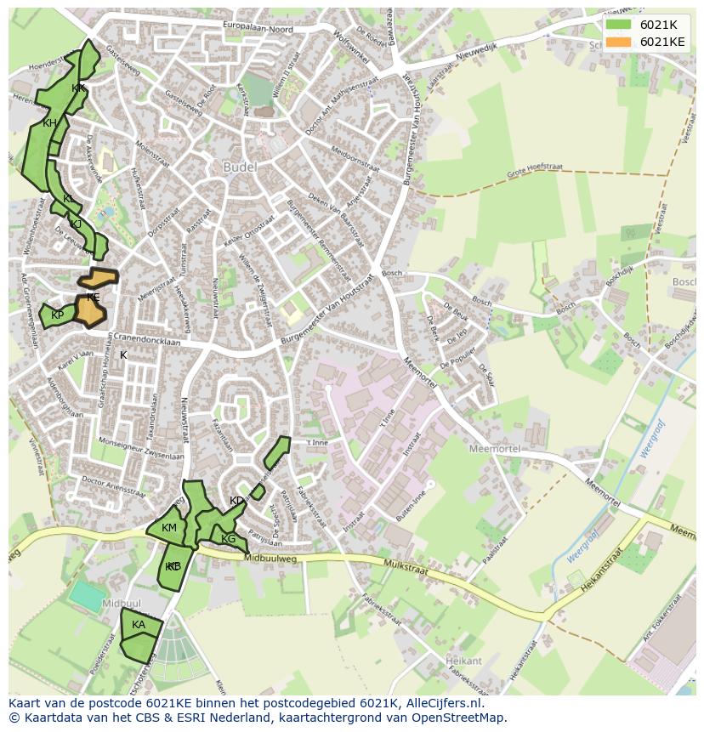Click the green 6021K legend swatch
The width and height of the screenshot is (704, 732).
pyautogui.click(x=618, y=25)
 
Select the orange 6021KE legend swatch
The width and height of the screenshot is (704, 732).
pyautogui.click(x=618, y=42)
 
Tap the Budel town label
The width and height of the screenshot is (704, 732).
pyautogui.click(x=239, y=167)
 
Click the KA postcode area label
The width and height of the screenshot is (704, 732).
pyautogui.click(x=139, y=625)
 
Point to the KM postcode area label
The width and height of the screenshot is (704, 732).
pyautogui.click(x=169, y=528)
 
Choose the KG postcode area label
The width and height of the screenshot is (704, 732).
pyautogui.click(x=228, y=539)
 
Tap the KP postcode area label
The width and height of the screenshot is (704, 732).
pyautogui.click(x=57, y=315)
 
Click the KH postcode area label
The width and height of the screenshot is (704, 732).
pyautogui.click(x=49, y=123)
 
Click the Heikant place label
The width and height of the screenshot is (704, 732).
pyautogui.click(x=463, y=661)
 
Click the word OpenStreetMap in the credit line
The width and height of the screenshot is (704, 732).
pyautogui.click(x=459, y=718)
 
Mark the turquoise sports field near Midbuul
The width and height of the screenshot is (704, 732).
pyautogui.click(x=88, y=595)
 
